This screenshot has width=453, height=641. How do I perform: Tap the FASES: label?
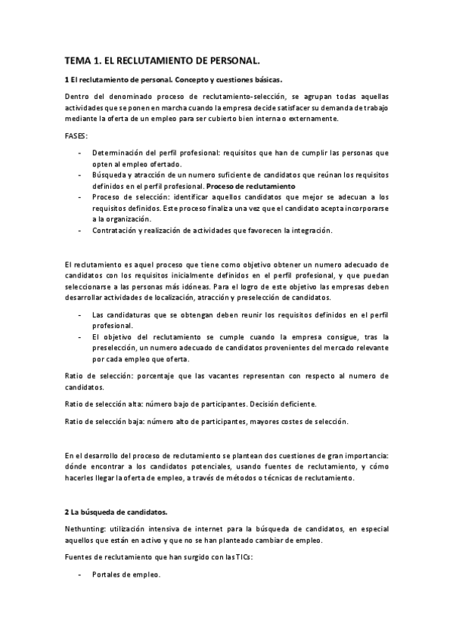click(x=76, y=136)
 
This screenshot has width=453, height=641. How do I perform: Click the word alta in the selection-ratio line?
click(x=132, y=404)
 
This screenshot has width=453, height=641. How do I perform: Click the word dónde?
click(x=78, y=467)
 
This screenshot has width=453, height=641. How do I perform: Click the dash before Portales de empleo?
click(x=80, y=574)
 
